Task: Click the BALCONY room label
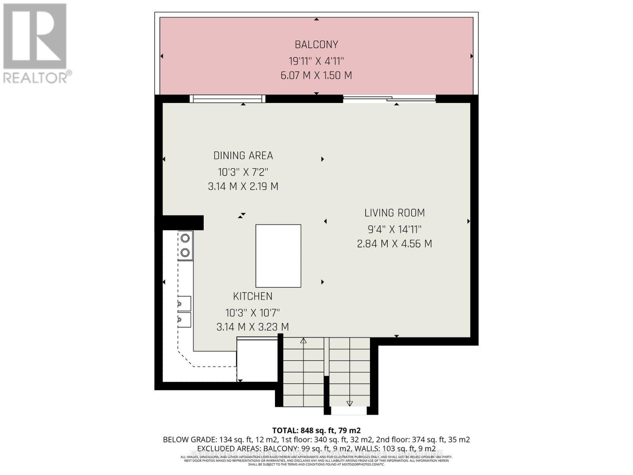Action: coord(316,45)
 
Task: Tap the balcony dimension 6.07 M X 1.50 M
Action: coord(316,75)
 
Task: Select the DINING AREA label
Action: coord(243,156)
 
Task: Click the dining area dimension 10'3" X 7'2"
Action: coord(243,172)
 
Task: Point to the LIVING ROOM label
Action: coord(394,213)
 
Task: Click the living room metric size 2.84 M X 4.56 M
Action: coord(394,244)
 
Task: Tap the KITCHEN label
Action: coord(252,296)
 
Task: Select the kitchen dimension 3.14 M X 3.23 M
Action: coord(252,327)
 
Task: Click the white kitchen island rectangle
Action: coord(278,256)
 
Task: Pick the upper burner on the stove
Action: coord(185,238)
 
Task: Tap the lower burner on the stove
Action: coord(185,253)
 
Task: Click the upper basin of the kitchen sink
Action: coord(184,304)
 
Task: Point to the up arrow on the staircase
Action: coord(303,340)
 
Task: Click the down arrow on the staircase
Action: coord(349,403)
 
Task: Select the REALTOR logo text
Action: coord(38,77)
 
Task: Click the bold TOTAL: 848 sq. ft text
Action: coord(316,430)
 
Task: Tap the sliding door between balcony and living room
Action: coord(389,99)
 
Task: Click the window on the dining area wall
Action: coord(227,99)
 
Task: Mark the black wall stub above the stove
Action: coord(183,222)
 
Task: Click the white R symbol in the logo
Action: coord(35,36)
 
